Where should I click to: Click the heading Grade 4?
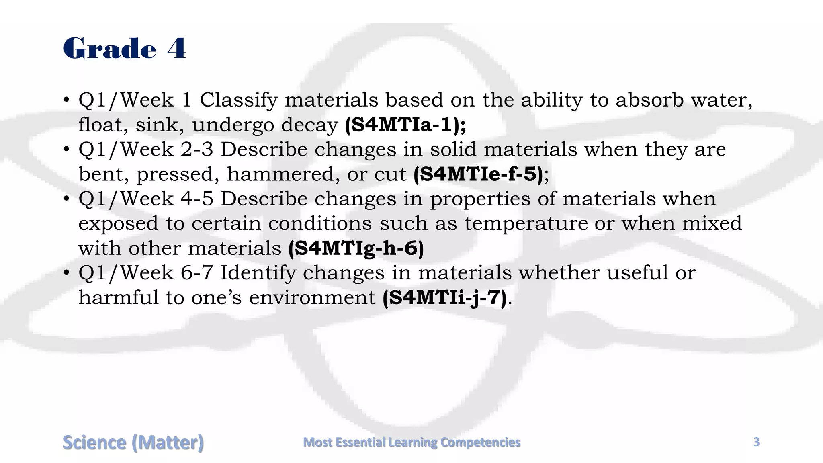click(125, 48)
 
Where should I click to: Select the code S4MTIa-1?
click(405, 125)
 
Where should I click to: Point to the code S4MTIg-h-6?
click(356, 248)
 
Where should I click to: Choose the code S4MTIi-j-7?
click(444, 298)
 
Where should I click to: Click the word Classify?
click(239, 100)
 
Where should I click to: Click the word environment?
click(312, 298)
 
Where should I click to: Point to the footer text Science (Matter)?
click(133, 443)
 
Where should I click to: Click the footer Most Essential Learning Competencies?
click(411, 442)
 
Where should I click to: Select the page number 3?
click(756, 442)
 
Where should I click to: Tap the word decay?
click(309, 125)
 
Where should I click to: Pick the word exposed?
click(118, 224)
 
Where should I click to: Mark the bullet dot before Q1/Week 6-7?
click(67, 273)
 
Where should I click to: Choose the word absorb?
click(649, 100)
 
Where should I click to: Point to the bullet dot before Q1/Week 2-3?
click(67, 150)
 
